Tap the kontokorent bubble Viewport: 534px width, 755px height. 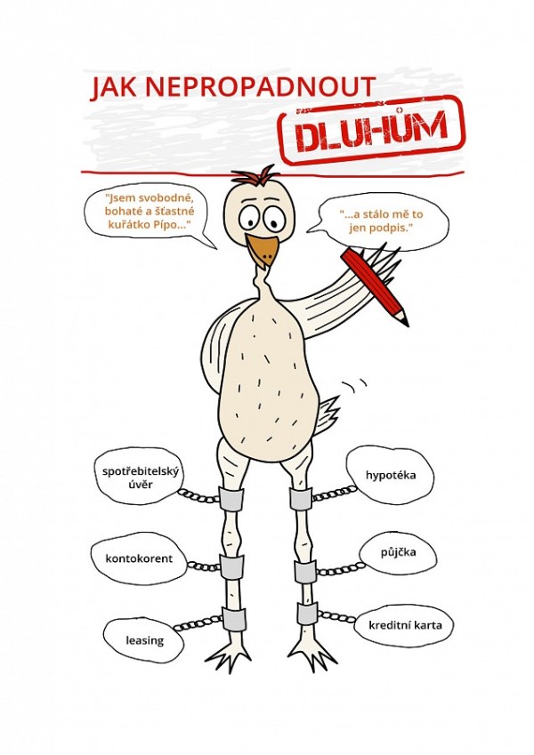tap(139, 559)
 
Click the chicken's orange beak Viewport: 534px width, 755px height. tap(263, 250)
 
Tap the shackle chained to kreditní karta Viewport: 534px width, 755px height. tap(308, 613)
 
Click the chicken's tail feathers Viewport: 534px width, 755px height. tap(327, 411)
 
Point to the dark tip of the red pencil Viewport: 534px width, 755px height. tap(405, 322)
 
